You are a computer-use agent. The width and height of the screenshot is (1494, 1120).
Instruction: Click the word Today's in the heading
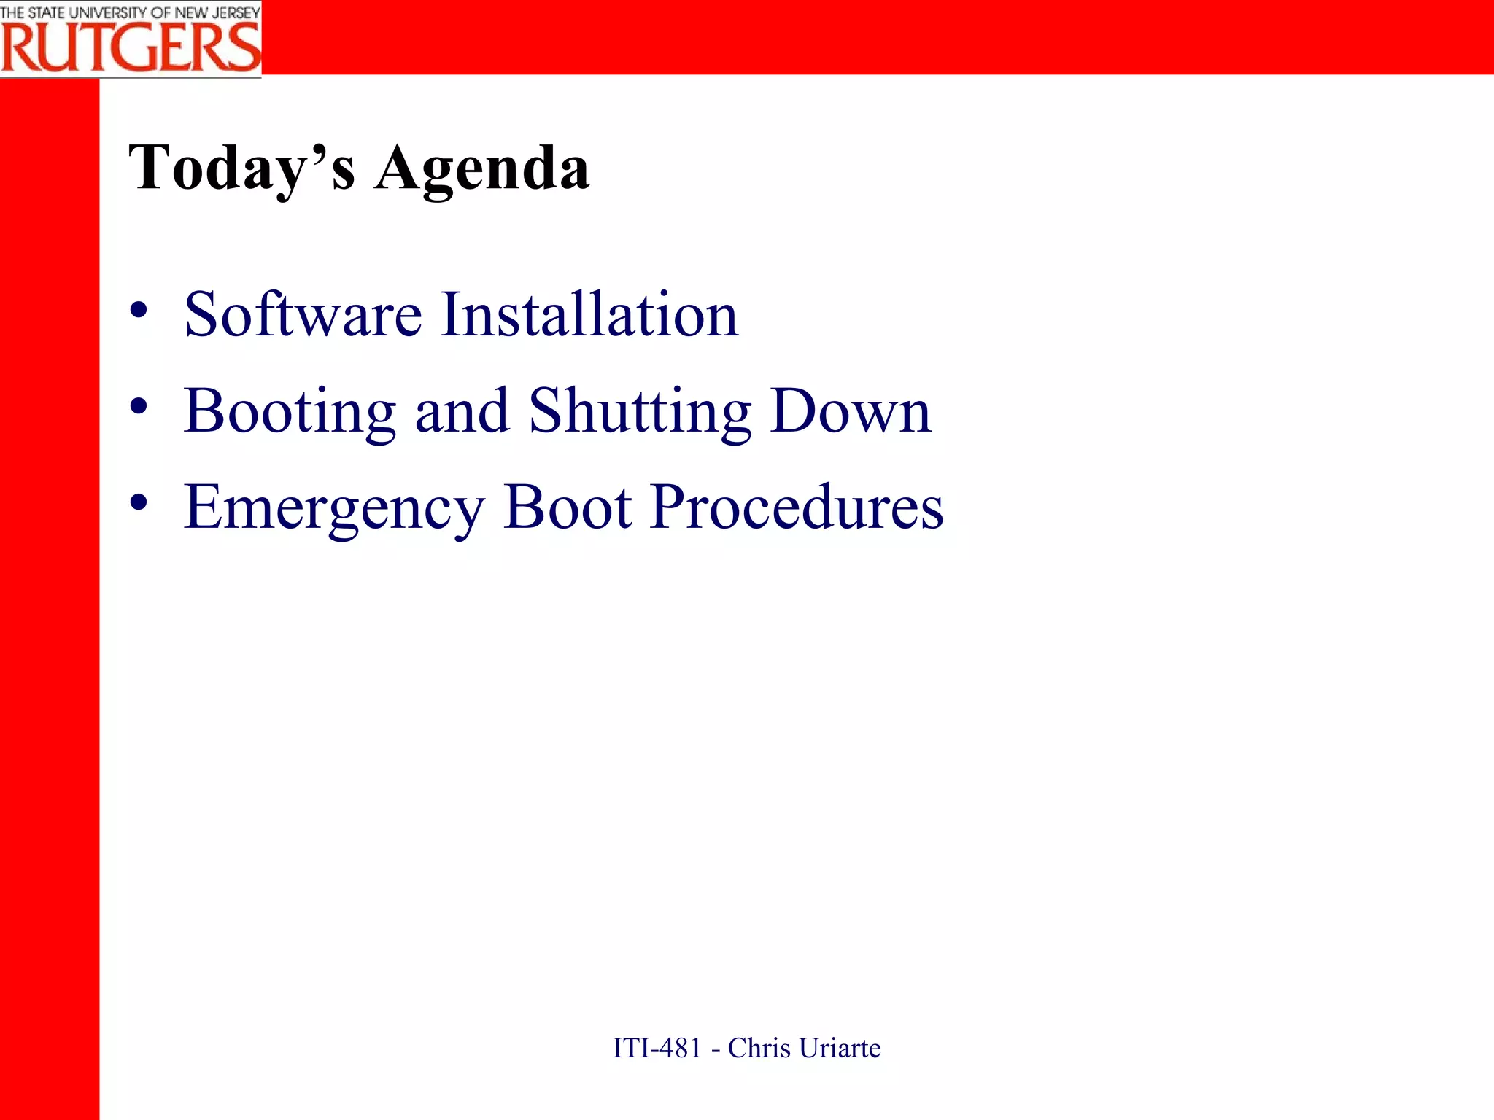point(241,168)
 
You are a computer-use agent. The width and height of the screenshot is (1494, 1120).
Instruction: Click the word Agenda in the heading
point(481,168)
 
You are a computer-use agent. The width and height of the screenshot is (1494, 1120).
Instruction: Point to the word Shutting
point(640,412)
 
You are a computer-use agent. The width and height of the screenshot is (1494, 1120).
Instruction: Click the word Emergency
point(334,508)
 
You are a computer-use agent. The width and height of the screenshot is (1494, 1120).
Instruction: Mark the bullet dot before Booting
point(139,407)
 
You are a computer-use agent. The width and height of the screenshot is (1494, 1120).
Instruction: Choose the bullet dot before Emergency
point(139,502)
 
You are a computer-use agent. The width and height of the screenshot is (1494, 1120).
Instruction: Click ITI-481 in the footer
point(657,1049)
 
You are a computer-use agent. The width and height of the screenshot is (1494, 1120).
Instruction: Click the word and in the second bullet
point(462,412)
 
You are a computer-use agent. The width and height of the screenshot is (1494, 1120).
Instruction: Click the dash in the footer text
point(715,1050)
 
